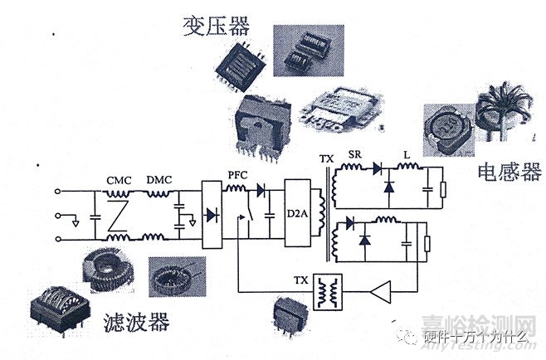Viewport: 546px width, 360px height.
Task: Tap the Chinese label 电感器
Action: pyautogui.click(x=509, y=173)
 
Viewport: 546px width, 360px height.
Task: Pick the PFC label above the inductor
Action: pyautogui.click(x=237, y=176)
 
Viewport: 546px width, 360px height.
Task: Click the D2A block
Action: pyautogui.click(x=295, y=215)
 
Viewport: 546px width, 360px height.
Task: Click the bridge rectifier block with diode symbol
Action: pyautogui.click(x=212, y=215)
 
